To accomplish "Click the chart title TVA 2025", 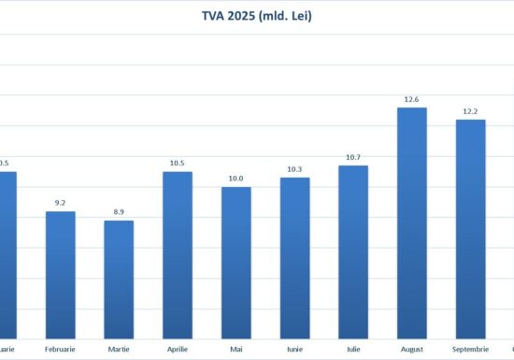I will tap(257, 15).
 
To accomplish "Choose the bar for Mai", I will tap(236, 262).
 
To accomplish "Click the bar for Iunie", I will tap(294, 257).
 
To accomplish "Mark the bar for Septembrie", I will tap(470, 228).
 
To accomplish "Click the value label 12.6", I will tap(412, 99).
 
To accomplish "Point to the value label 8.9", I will tap(119, 212).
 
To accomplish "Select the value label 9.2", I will tap(61, 203).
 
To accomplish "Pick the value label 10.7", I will tap(353, 157).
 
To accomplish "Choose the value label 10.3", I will tap(294, 169).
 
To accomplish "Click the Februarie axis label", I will tap(61, 350).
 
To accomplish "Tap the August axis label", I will tap(412, 350).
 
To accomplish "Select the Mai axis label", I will tap(236, 350).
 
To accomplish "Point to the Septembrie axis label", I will tap(470, 350).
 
